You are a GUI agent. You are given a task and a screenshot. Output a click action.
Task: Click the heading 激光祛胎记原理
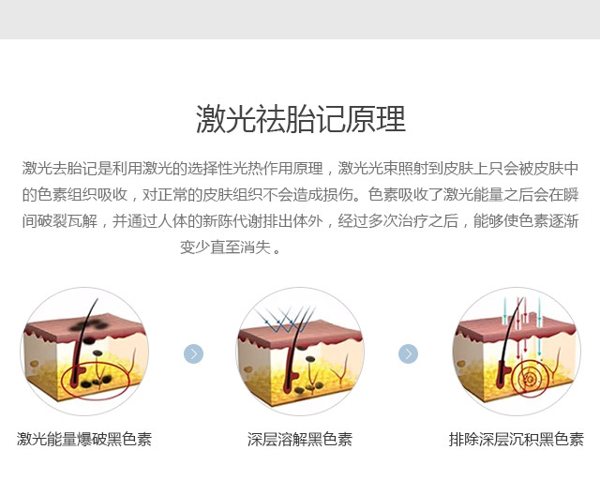coord(300,119)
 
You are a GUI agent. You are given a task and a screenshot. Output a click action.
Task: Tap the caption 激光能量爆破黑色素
coord(84,439)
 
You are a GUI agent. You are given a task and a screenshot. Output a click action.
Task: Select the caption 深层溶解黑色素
coord(300,439)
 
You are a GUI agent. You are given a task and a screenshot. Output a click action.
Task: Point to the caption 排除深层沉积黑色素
coord(517,439)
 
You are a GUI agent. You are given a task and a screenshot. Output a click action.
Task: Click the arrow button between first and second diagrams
coord(194,353)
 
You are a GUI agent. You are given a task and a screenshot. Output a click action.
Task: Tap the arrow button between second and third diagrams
coord(409,353)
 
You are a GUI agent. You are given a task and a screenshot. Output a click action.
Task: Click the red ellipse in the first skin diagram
coord(96,381)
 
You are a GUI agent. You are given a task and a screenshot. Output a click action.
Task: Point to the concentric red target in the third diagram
coord(531,380)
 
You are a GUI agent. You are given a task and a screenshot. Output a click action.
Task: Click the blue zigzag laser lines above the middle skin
coord(285,320)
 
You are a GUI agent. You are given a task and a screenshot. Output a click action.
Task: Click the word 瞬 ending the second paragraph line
coord(571,195)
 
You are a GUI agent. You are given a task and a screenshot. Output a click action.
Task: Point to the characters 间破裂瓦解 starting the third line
coord(60,221)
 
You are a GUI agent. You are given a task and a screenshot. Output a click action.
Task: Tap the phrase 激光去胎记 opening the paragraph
coord(60,169)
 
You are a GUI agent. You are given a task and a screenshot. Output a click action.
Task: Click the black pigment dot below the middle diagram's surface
coord(310,359)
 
